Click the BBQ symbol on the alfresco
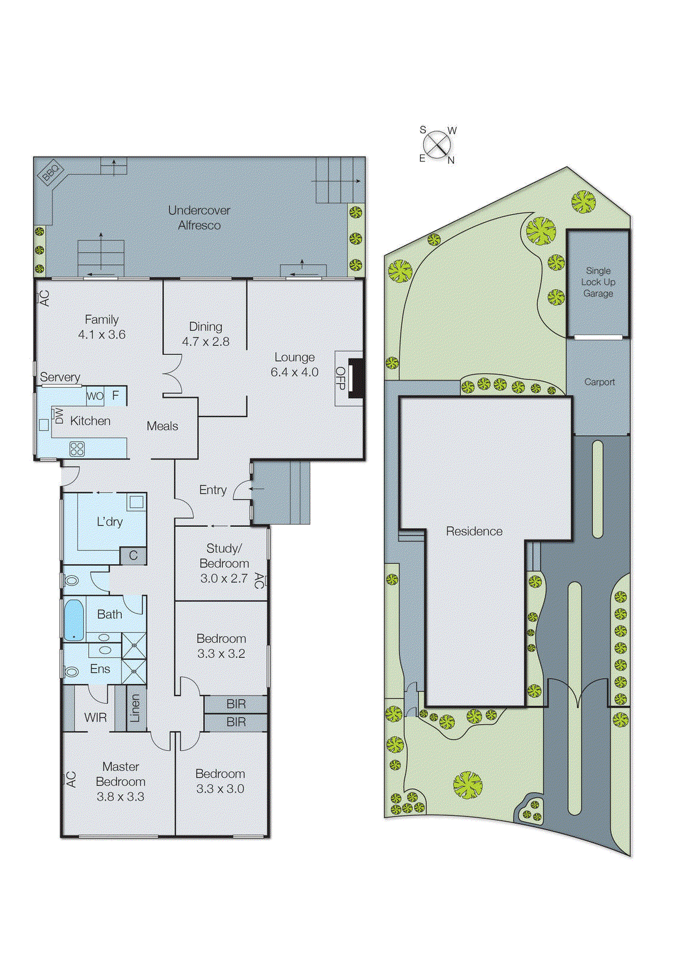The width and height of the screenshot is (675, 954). pos(51,172)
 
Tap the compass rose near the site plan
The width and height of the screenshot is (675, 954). pos(437,145)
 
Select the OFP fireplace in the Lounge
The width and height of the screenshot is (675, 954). pos(356,378)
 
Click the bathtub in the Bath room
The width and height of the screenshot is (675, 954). pos(74,620)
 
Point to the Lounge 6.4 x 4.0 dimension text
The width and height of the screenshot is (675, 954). pos(294,372)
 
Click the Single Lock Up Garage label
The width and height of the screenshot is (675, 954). pos(598,282)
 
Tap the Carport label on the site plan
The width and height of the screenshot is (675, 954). pos(599,382)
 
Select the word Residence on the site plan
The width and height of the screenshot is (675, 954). pos(474,531)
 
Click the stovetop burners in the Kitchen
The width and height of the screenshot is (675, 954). pos(77,448)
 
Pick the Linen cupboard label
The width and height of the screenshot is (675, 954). pos(135,708)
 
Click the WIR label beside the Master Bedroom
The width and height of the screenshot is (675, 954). pos(95,717)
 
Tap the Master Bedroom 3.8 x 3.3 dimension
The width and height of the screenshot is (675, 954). pos(120,797)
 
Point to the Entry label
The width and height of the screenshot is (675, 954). pos(213,490)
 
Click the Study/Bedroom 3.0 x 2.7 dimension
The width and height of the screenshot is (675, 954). pos(223,578)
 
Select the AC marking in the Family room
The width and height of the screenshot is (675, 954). pos(44,298)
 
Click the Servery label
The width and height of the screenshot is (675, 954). pos(60,377)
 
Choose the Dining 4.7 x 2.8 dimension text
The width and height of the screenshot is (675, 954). pos(206,342)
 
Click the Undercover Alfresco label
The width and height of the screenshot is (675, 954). pos(199,218)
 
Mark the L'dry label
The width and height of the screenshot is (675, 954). pos(110,522)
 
